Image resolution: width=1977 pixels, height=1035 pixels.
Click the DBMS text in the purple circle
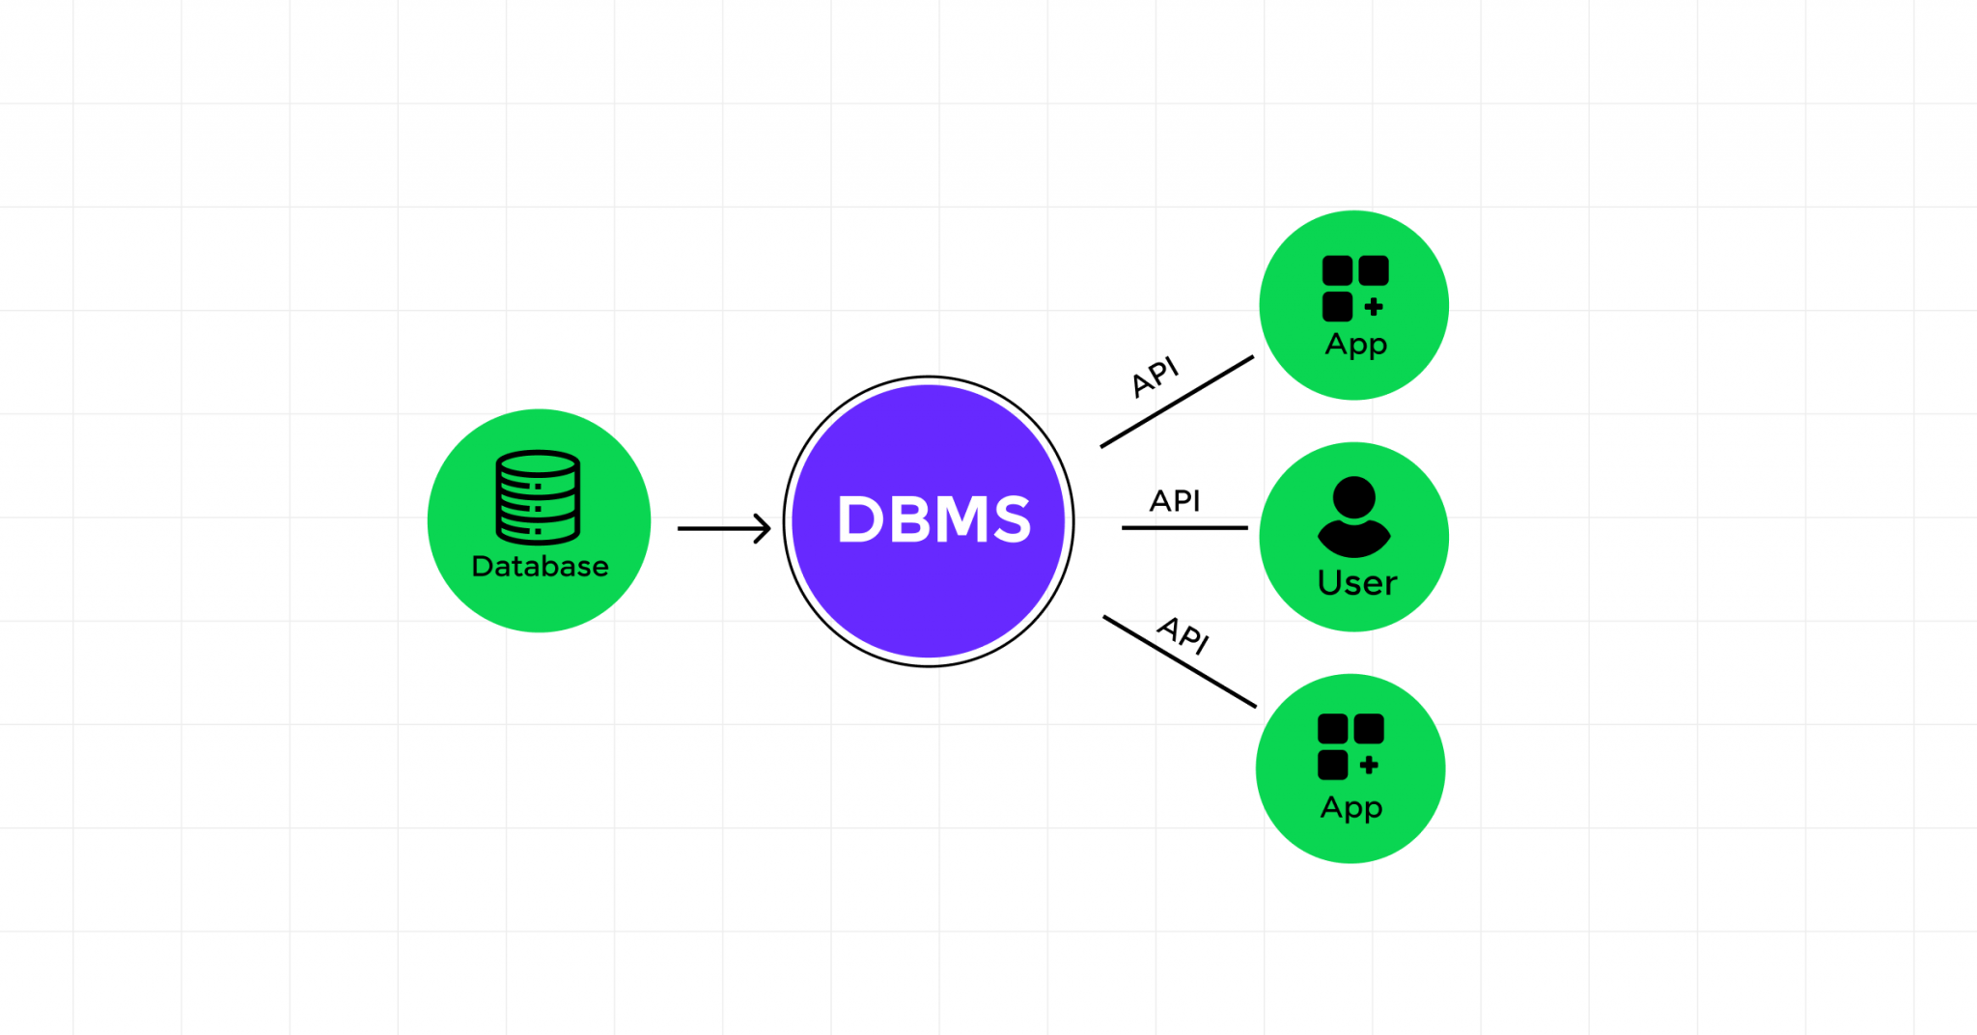(x=933, y=519)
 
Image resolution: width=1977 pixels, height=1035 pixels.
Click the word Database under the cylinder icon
(x=540, y=566)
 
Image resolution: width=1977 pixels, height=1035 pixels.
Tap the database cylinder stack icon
(x=538, y=496)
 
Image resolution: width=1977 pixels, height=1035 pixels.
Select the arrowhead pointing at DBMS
(x=764, y=528)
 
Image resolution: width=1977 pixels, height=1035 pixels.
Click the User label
(x=1356, y=583)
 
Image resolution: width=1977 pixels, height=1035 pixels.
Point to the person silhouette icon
(x=1353, y=517)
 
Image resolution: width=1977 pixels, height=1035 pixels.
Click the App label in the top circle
(x=1355, y=344)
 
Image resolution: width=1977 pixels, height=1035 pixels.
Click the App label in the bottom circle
(x=1350, y=807)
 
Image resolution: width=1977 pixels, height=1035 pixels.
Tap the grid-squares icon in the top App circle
(x=1354, y=288)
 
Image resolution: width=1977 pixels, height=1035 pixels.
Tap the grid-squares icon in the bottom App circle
(x=1350, y=746)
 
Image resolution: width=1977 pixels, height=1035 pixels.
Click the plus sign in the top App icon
(x=1374, y=307)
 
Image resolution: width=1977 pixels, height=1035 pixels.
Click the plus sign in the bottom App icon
(x=1369, y=766)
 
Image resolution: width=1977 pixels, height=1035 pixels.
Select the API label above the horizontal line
(x=1175, y=500)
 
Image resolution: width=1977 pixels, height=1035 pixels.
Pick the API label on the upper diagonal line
(x=1156, y=377)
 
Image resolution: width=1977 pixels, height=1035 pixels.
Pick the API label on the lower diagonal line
(x=1183, y=634)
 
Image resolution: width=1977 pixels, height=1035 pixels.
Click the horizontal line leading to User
(x=1184, y=528)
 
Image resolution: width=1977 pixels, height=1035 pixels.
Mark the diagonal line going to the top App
(x=1177, y=402)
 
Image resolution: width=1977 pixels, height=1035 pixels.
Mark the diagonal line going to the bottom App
(x=1179, y=661)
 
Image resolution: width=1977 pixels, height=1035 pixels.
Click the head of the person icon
(x=1353, y=496)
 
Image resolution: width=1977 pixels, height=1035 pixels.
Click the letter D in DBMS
(x=859, y=519)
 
